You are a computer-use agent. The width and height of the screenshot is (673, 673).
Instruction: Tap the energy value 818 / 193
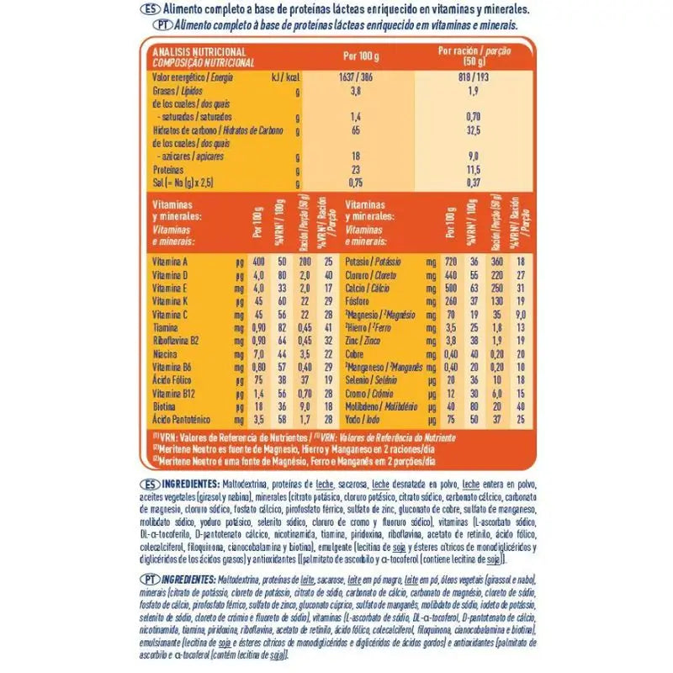(x=474, y=77)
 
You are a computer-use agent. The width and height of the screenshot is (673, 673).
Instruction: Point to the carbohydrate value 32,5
(x=474, y=130)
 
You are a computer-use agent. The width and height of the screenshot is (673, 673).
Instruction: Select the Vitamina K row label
(x=170, y=301)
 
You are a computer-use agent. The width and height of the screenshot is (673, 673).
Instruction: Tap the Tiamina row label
(x=166, y=327)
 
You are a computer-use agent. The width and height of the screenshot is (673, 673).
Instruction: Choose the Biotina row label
(x=165, y=405)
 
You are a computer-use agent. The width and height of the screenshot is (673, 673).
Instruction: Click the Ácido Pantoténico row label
(x=182, y=418)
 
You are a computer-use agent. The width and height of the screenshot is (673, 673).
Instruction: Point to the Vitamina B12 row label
(x=172, y=392)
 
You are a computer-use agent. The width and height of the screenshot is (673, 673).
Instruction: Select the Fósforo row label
(x=359, y=301)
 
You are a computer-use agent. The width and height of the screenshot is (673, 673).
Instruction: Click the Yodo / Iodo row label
(x=365, y=418)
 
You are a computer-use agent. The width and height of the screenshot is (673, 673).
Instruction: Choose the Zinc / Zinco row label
(x=364, y=340)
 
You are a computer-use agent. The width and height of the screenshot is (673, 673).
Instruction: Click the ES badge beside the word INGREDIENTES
(x=146, y=485)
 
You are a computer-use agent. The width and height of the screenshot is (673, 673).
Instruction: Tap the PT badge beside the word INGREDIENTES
(x=146, y=580)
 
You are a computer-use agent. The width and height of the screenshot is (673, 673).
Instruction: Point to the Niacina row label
(x=166, y=353)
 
